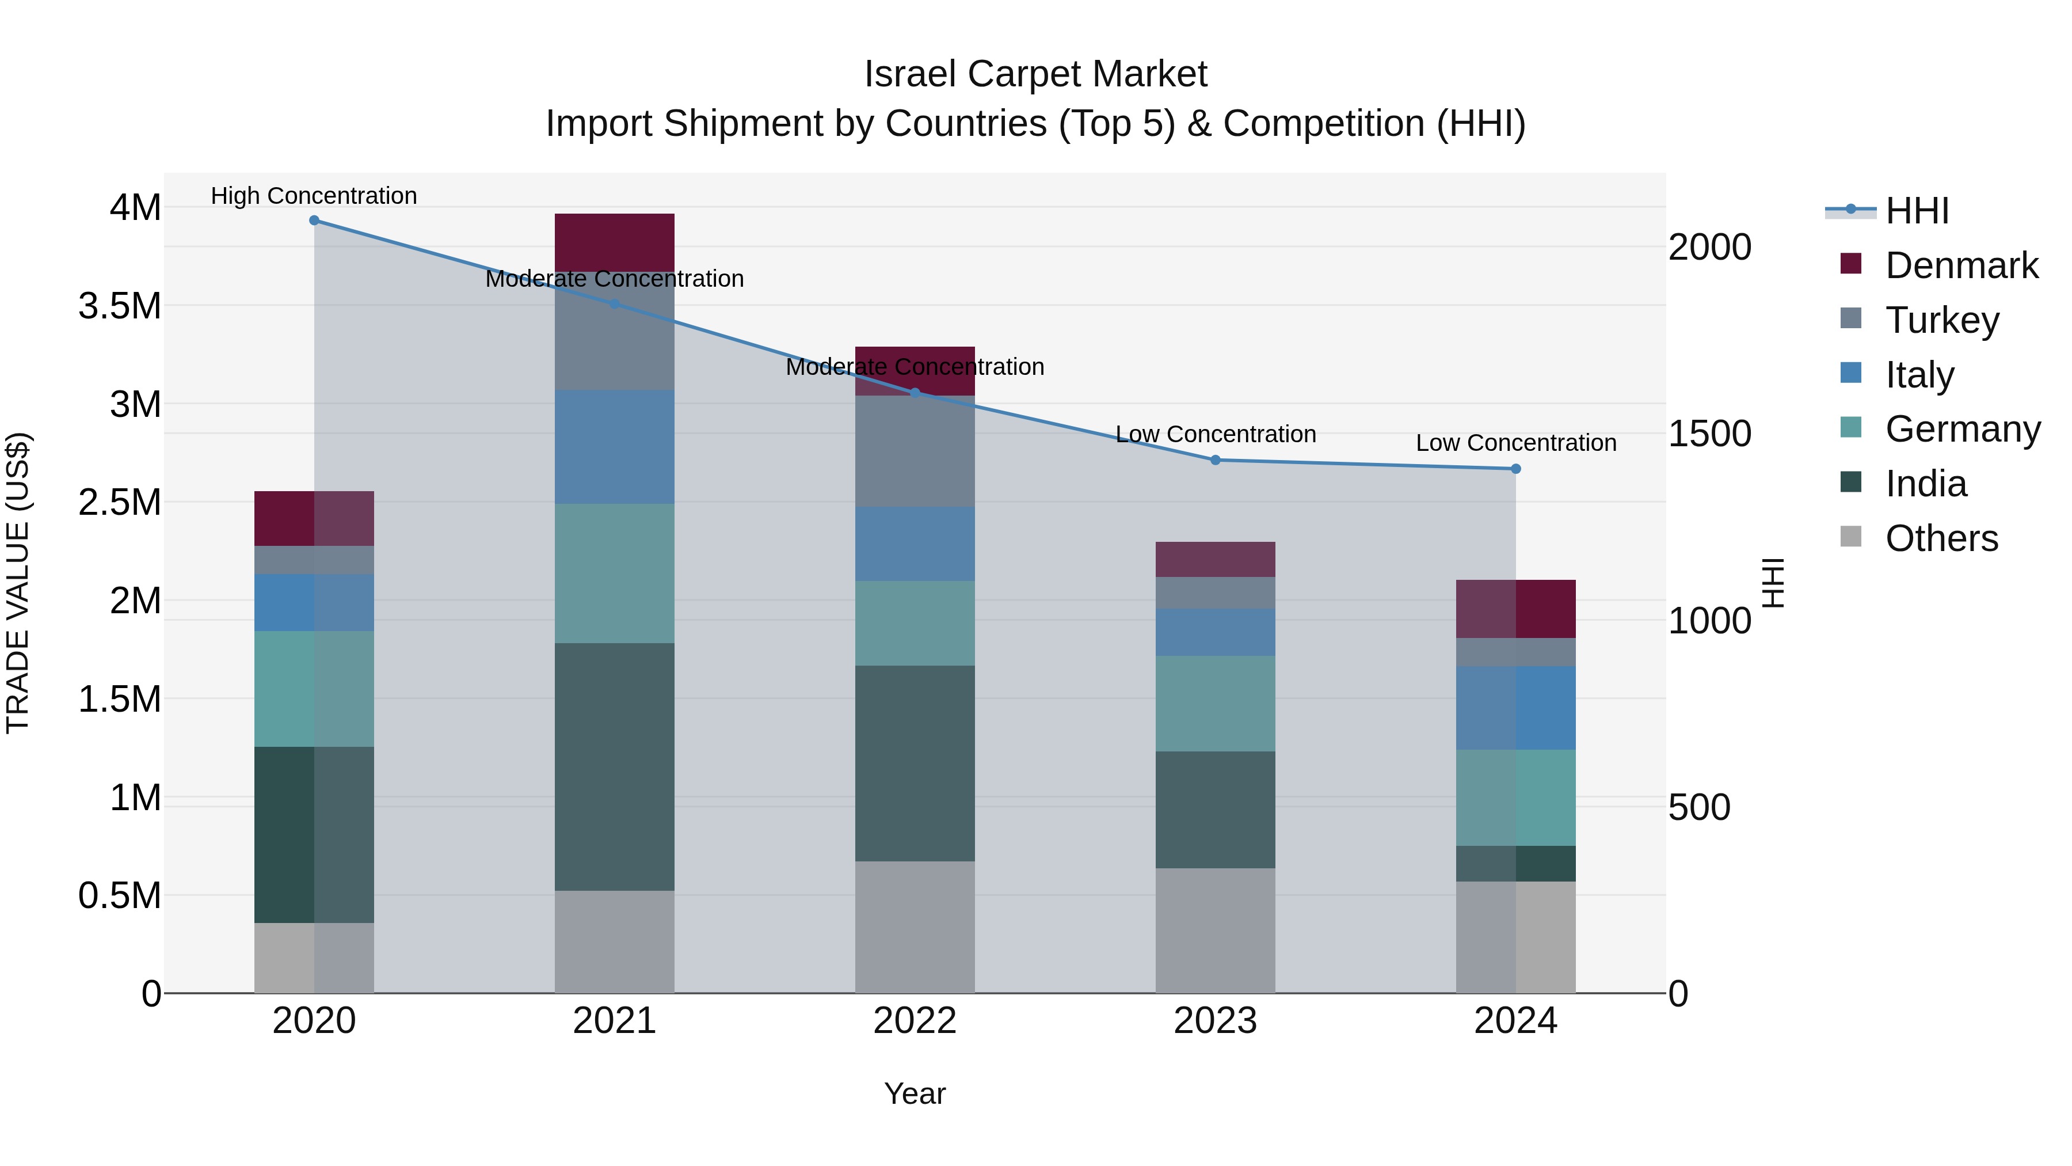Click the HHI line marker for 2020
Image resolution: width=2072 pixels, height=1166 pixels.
pyautogui.click(x=314, y=221)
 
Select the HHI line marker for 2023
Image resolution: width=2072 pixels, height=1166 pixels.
pyautogui.click(x=1216, y=460)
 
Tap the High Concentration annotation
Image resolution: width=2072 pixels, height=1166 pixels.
pyautogui.click(x=314, y=196)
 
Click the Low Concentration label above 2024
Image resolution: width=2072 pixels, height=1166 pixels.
pyautogui.click(x=1515, y=443)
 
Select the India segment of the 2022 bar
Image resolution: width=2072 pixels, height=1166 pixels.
pyautogui.click(x=915, y=763)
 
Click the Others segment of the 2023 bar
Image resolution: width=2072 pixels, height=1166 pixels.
pyautogui.click(x=1216, y=930)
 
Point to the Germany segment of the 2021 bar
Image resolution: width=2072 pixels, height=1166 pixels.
pyautogui.click(x=615, y=573)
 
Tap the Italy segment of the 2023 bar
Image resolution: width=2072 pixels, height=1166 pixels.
pyautogui.click(x=1216, y=632)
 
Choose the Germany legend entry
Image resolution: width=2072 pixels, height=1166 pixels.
pyautogui.click(x=1963, y=429)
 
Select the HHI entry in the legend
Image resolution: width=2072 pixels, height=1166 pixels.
pyautogui.click(x=1917, y=211)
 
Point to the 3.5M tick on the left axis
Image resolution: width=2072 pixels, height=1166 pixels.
pyautogui.click(x=119, y=306)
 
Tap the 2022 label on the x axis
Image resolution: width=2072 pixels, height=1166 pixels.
pyautogui.click(x=915, y=1021)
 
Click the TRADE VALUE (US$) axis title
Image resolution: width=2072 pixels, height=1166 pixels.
pyautogui.click(x=18, y=583)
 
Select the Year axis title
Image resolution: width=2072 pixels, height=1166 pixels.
pyautogui.click(x=915, y=1093)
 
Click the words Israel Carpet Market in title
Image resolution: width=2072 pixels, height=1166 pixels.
pyautogui.click(x=1035, y=74)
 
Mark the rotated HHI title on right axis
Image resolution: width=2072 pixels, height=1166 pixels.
pyautogui.click(x=1773, y=583)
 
